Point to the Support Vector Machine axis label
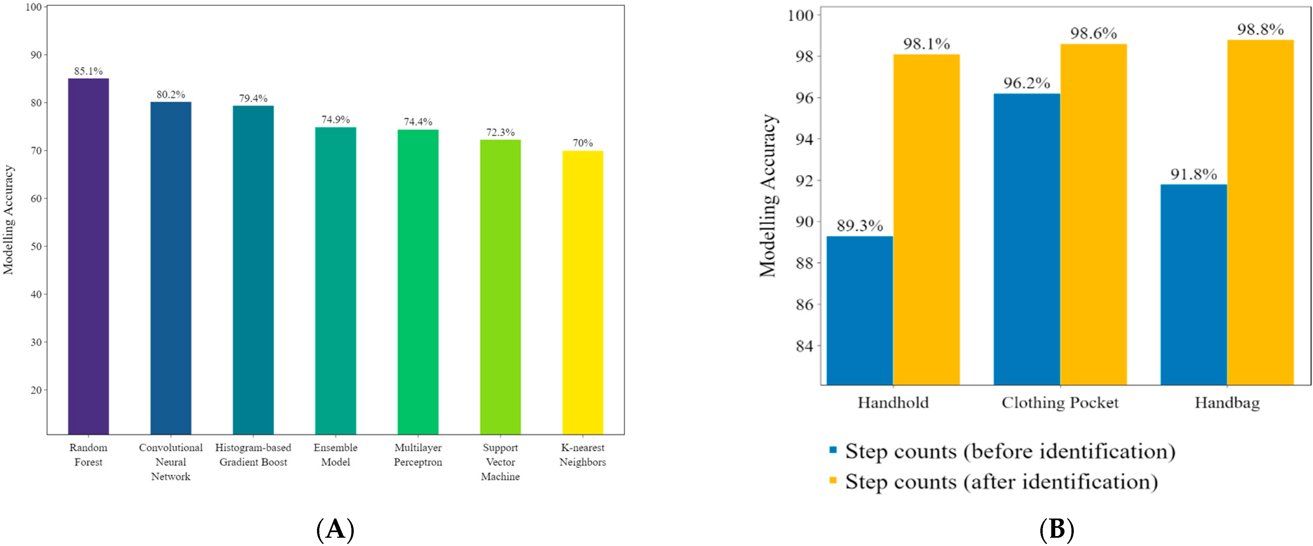click(500, 462)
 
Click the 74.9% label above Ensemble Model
click(336, 120)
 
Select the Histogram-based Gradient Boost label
click(253, 455)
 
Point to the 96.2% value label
click(1026, 83)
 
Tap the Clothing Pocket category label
click(1060, 403)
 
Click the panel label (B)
click(1057, 529)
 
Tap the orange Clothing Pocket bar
click(1093, 214)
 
